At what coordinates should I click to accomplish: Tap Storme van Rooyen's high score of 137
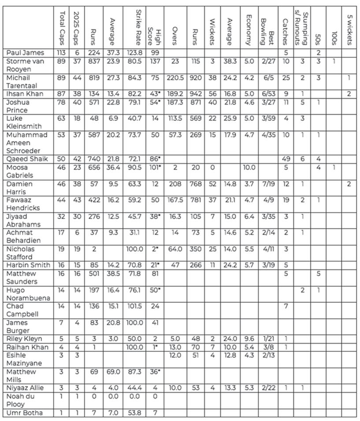coord(154,61)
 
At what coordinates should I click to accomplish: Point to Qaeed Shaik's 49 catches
coord(285,159)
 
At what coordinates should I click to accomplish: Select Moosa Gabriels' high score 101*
coord(154,168)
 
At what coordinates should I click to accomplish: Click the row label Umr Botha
coord(20,413)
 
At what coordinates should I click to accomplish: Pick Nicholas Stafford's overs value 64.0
coord(174,249)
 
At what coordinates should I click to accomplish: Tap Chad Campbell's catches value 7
coord(285,306)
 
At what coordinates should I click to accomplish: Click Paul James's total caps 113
coord(61,53)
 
